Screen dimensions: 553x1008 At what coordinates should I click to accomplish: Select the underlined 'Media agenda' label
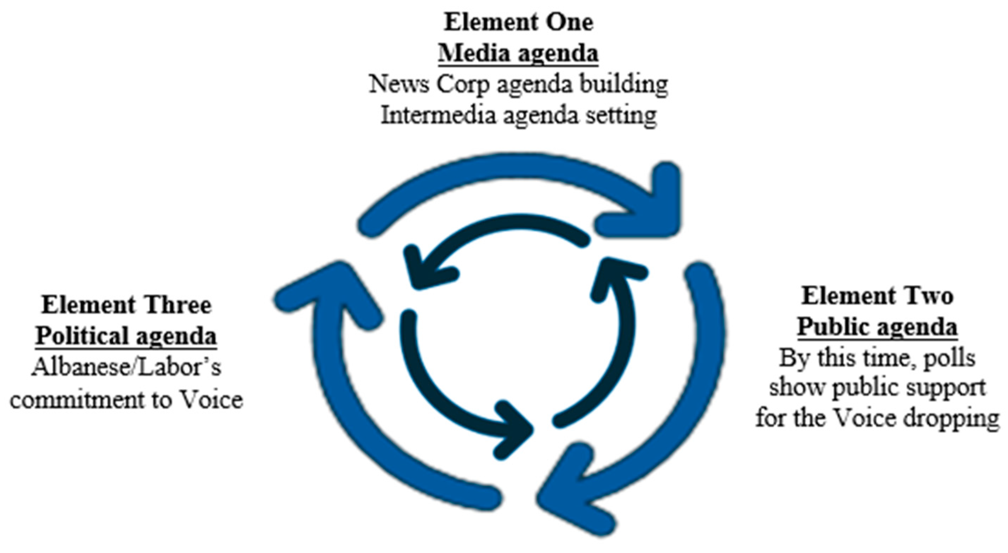[518, 53]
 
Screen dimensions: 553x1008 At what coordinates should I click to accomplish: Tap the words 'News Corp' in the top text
[429, 85]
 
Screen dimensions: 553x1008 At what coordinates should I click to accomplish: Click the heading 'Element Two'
[877, 296]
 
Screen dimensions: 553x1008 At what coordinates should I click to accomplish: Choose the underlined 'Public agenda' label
[877, 327]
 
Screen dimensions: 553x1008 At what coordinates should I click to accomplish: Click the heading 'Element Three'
[127, 305]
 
